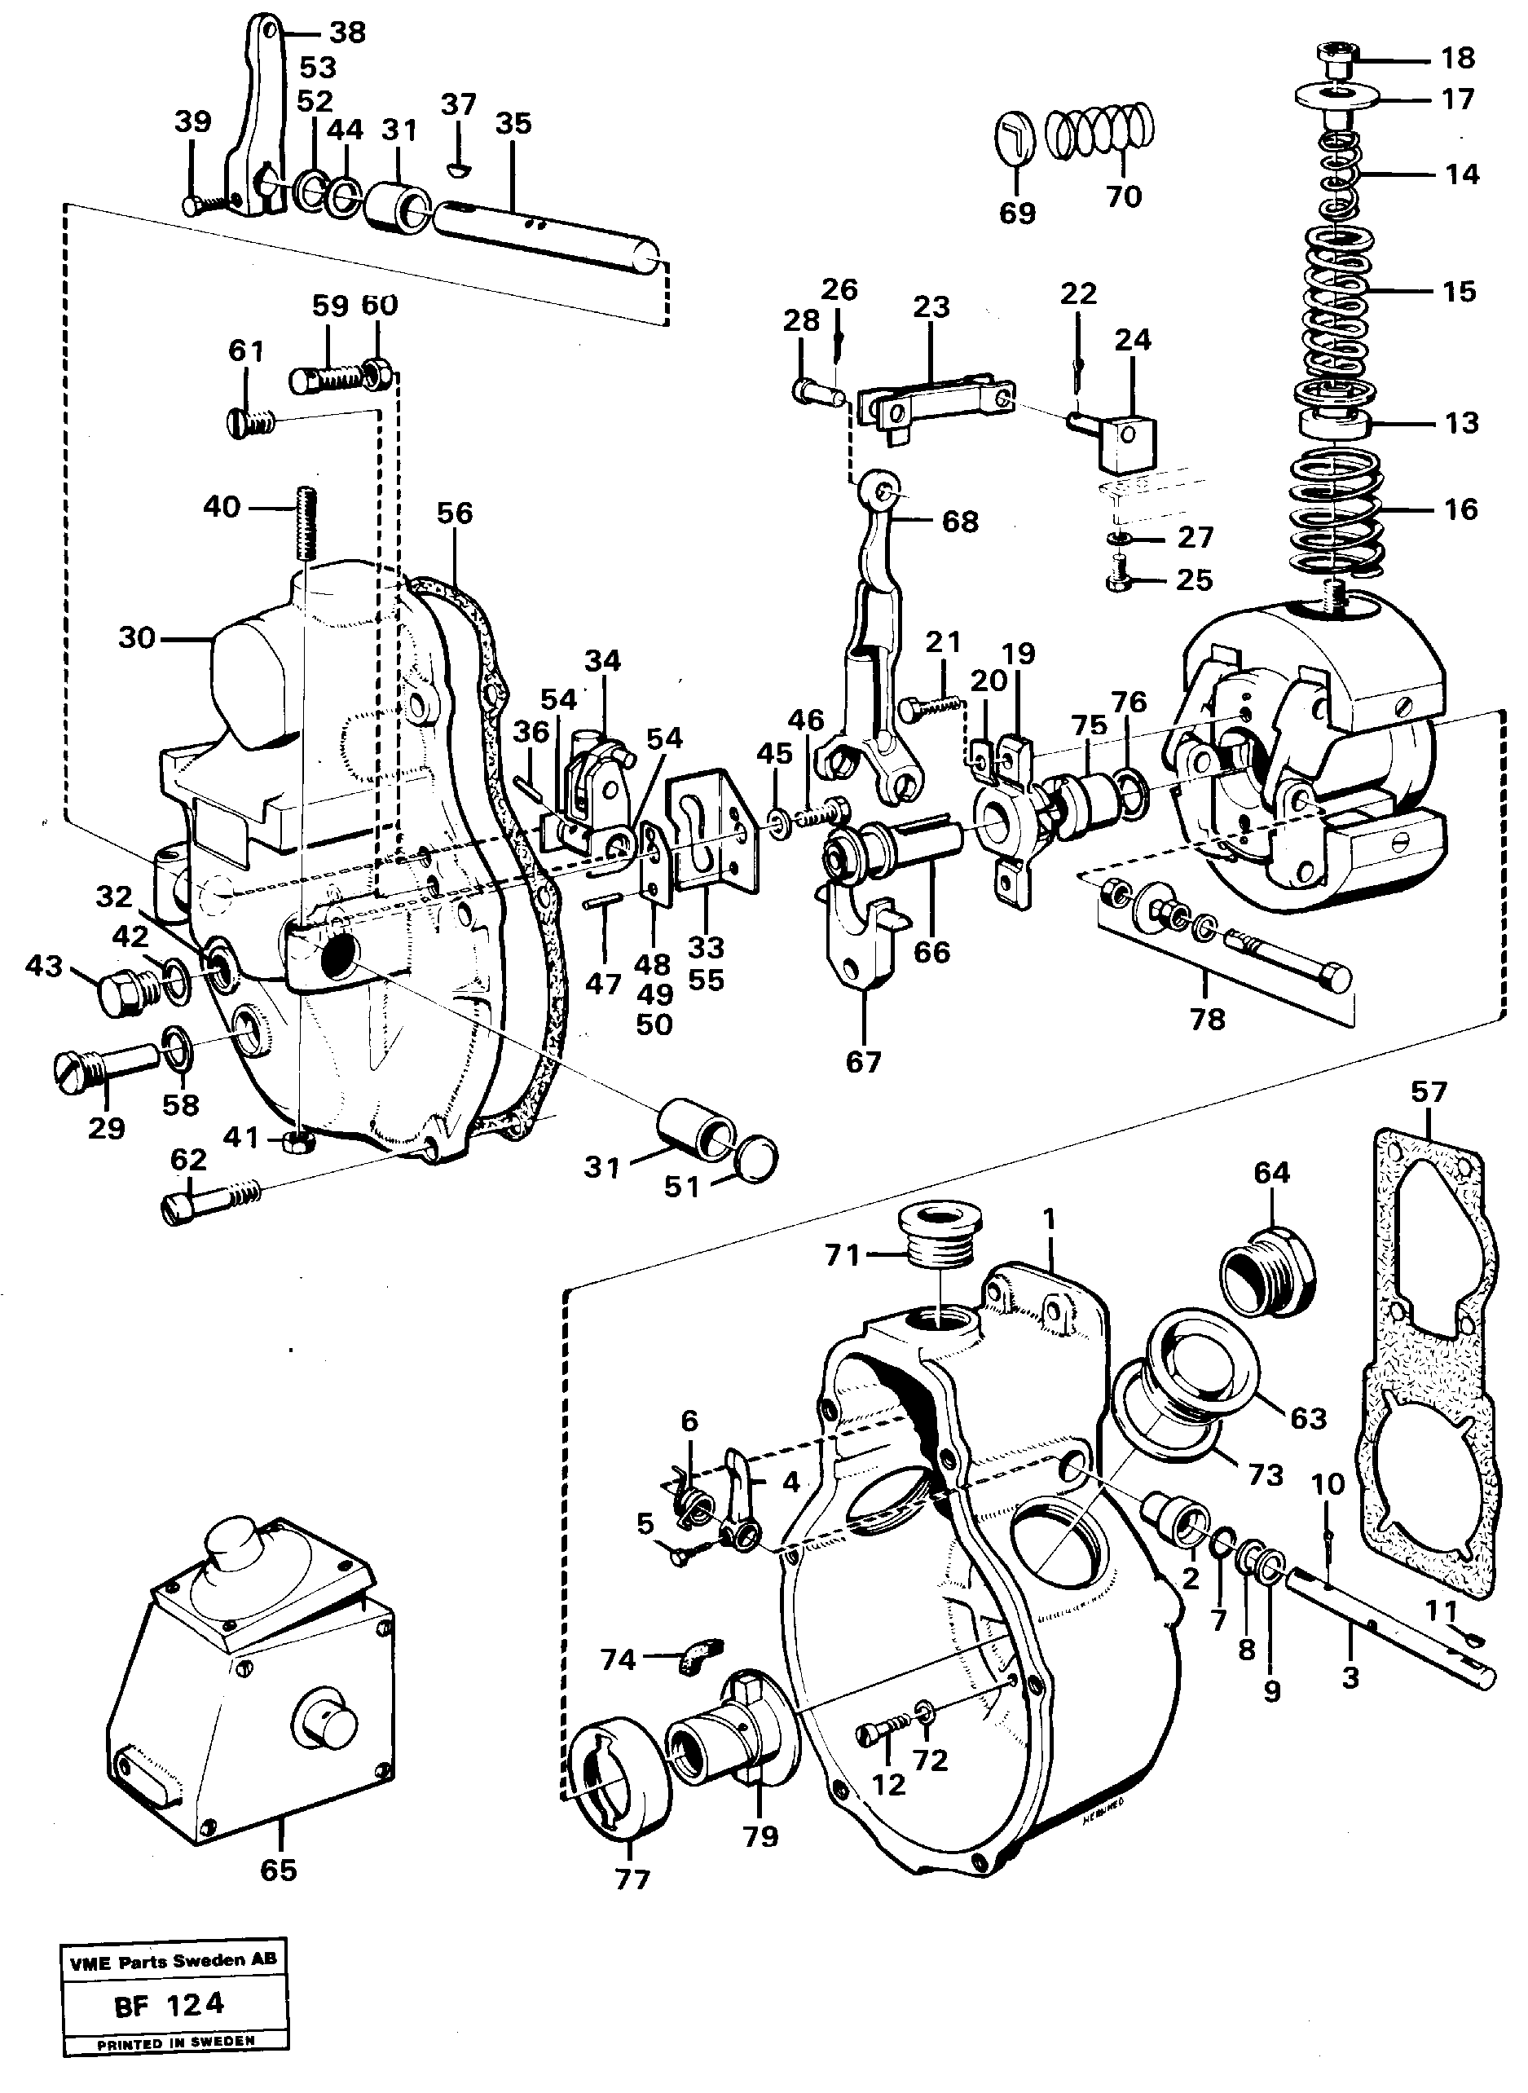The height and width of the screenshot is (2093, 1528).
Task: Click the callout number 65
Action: point(279,1870)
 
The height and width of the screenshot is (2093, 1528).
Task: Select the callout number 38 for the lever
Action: point(348,33)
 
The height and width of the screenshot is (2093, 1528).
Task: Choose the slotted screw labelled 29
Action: point(102,1069)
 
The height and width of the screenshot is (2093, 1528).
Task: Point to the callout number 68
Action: point(959,522)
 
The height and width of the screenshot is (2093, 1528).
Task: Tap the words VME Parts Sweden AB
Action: point(171,1960)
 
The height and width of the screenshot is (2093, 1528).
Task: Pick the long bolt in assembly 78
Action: point(1290,967)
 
